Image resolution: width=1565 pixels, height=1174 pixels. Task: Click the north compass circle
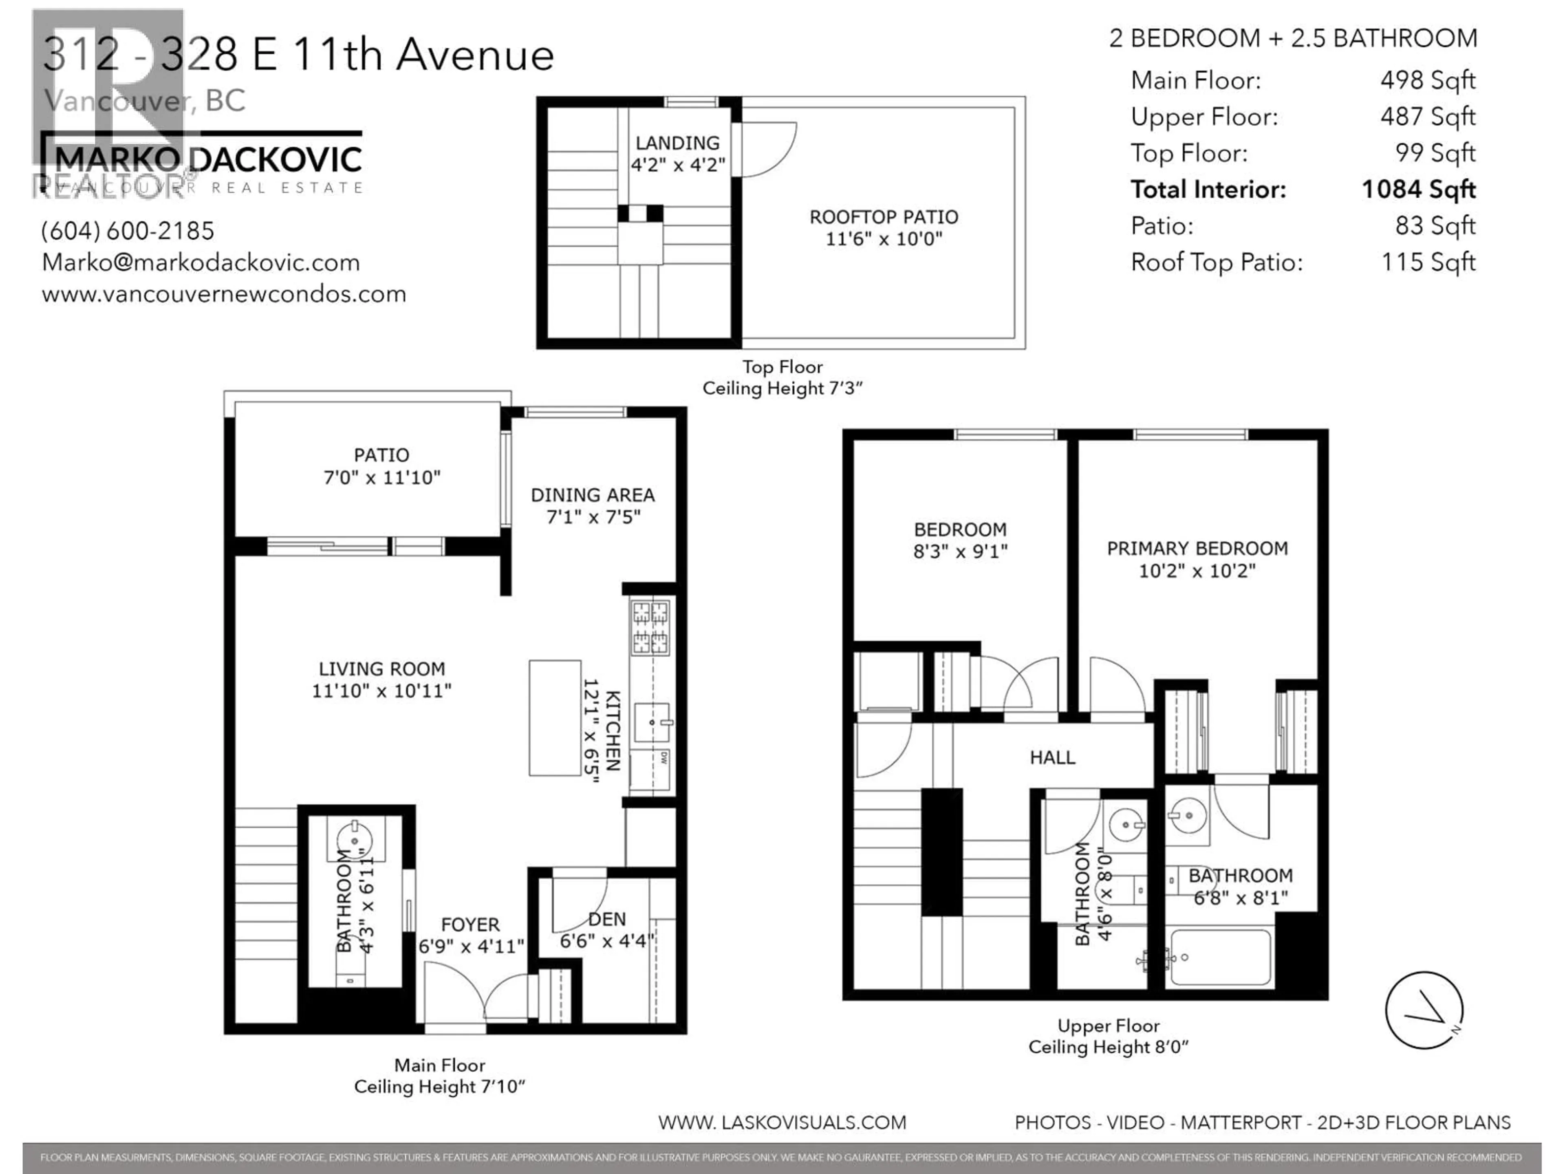pos(1424,1010)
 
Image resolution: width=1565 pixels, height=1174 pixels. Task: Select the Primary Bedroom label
pos(1197,548)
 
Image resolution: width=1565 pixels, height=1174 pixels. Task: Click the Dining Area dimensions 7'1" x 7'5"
pos(593,517)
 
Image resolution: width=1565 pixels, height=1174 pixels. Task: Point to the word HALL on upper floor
pos(1052,758)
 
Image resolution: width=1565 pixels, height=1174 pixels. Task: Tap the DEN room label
pos(607,919)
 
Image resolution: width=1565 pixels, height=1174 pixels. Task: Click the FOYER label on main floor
pos(470,925)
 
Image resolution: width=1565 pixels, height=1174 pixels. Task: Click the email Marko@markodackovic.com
pos(201,263)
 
